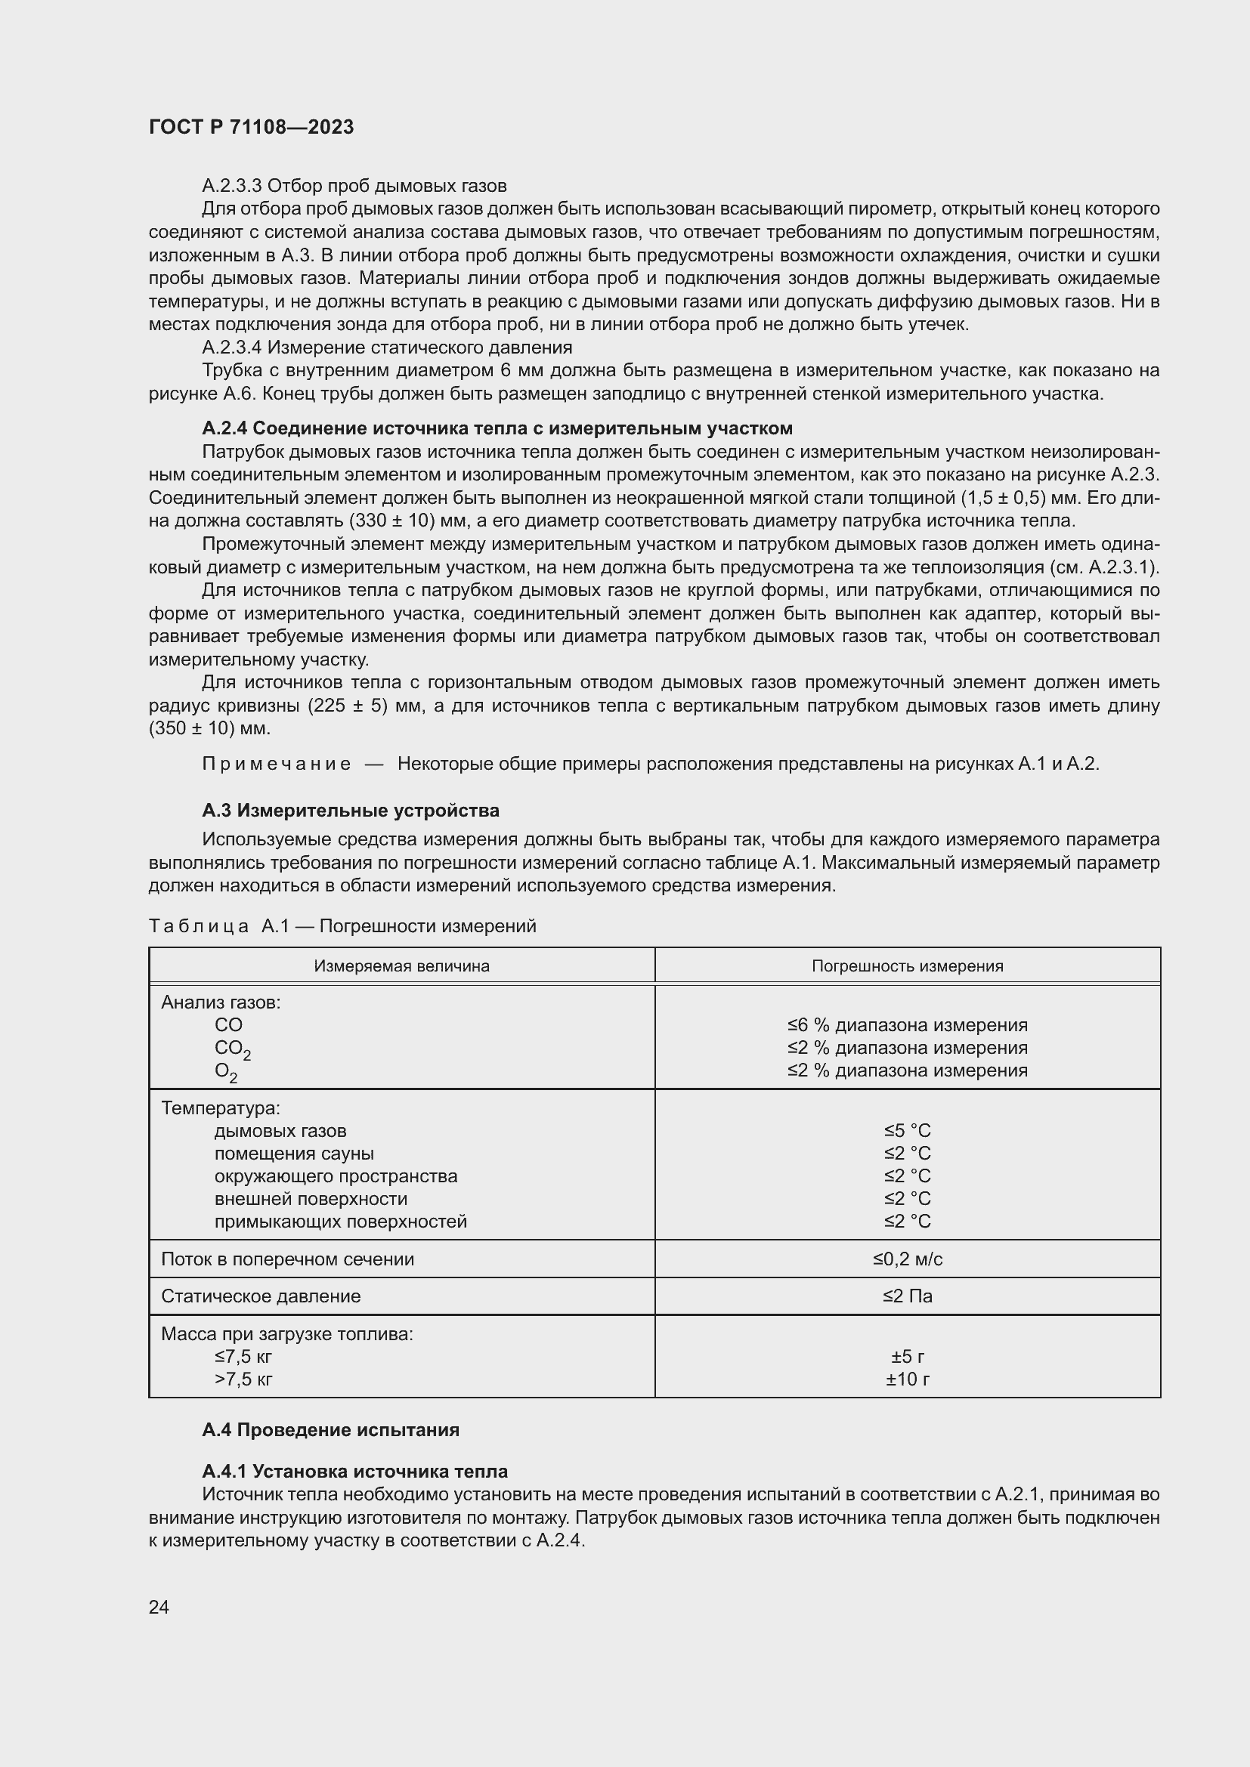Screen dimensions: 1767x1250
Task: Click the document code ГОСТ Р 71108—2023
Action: click(251, 127)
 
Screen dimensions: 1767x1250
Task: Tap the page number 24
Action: click(159, 1606)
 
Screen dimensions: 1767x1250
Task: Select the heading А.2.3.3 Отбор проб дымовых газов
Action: click(354, 186)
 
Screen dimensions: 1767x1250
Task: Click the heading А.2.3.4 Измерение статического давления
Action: click(386, 347)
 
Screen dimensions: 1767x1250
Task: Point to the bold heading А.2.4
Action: click(497, 428)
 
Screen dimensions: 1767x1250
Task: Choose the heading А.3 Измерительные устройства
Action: click(350, 811)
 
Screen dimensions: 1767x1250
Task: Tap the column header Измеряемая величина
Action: click(401, 966)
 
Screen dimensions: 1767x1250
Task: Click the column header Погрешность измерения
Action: click(907, 966)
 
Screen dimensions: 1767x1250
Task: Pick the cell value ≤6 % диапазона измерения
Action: click(907, 1025)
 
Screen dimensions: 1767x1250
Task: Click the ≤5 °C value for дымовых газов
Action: click(907, 1131)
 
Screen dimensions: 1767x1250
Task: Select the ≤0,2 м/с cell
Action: click(907, 1259)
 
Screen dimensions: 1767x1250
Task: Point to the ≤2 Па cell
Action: click(907, 1296)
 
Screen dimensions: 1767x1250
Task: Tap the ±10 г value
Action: click(907, 1379)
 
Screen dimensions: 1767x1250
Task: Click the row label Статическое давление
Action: click(260, 1296)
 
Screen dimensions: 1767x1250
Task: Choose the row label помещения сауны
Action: click(294, 1153)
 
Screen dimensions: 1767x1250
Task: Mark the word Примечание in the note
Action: click(277, 765)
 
